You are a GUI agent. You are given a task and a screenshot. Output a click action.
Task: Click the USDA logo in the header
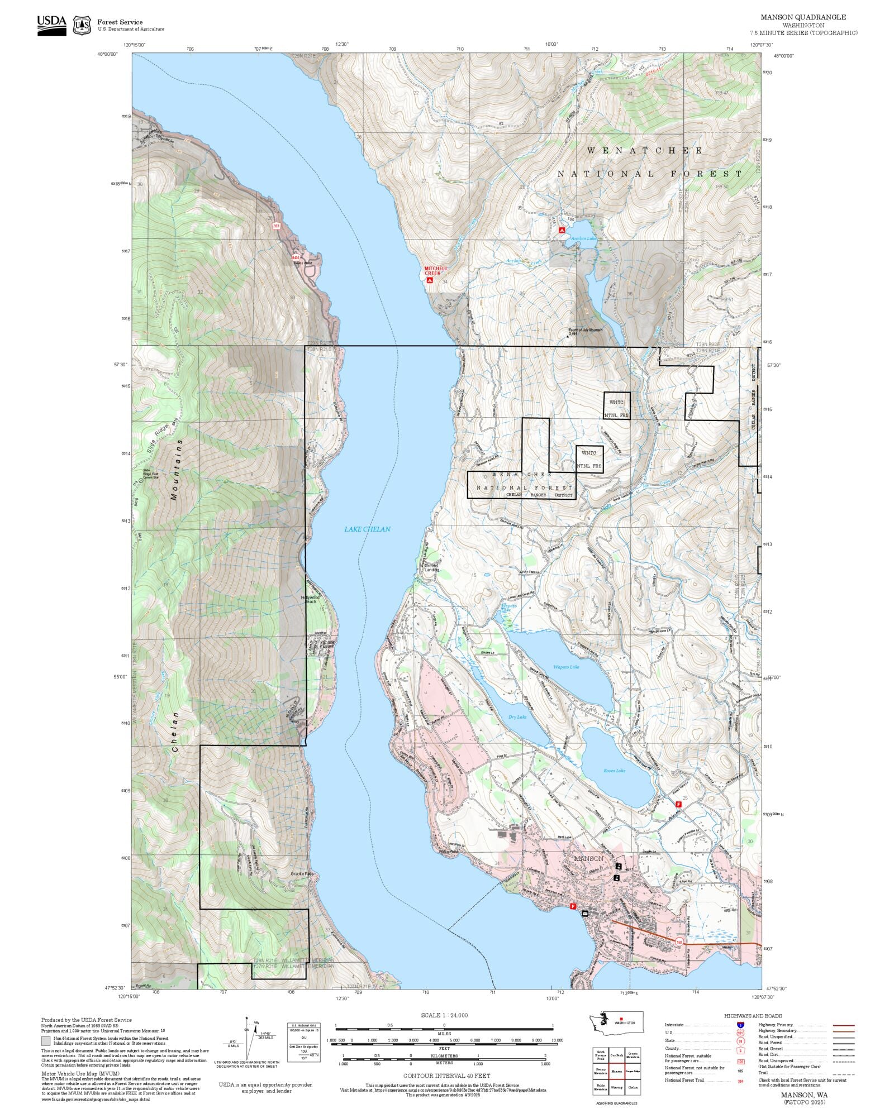pyautogui.click(x=51, y=25)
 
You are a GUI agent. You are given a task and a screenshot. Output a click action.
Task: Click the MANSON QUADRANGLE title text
pyautogui.click(x=803, y=17)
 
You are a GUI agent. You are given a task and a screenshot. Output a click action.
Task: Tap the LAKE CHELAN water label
pyautogui.click(x=367, y=529)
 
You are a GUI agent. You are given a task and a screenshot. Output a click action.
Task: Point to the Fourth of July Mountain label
pyautogui.click(x=586, y=330)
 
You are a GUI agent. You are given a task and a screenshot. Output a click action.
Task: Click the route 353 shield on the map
pyautogui.click(x=276, y=226)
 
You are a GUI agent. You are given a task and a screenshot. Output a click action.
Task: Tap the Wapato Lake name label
pyautogui.click(x=566, y=667)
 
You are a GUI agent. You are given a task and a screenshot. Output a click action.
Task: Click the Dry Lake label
pyautogui.click(x=517, y=717)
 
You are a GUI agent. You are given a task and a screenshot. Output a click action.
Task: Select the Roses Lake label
pyautogui.click(x=614, y=771)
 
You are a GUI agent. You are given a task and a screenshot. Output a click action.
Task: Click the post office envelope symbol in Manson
pyautogui.click(x=584, y=914)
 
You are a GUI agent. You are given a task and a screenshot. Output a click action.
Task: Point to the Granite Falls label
pyautogui.click(x=302, y=890)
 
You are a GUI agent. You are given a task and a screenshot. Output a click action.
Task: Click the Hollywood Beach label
pyautogui.click(x=310, y=599)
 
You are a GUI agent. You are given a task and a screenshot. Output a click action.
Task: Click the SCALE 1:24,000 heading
pyautogui.click(x=444, y=1015)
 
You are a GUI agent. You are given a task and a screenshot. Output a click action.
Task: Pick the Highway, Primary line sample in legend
pyautogui.click(x=843, y=1025)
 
